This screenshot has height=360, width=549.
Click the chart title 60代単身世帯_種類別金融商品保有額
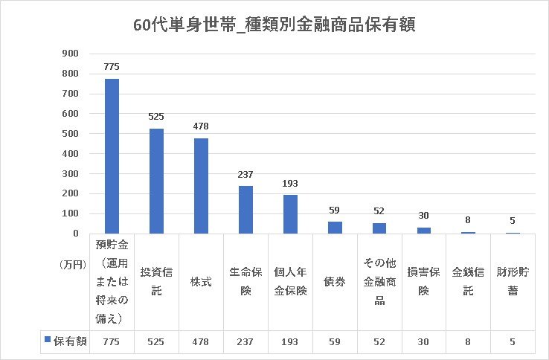[274, 25]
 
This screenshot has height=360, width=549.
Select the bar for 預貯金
[112, 156]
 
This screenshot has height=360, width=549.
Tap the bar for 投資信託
[156, 181]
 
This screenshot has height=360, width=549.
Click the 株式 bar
[201, 186]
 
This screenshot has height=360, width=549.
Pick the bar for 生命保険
[245, 210]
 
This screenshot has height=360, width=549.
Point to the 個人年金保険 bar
[290, 214]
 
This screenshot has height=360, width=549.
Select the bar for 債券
[335, 228]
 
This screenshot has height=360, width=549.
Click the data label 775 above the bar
[112, 67]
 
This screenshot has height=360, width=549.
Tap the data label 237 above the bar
[245, 175]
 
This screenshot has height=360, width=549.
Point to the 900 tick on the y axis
[70, 54]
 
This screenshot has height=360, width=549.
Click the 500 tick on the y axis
[70, 134]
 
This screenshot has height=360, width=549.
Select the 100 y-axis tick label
[70, 213]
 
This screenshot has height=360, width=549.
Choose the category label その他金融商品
[379, 281]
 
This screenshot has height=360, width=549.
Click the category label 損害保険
[424, 281]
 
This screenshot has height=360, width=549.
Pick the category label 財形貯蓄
[513, 281]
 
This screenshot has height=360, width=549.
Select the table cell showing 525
[156, 341]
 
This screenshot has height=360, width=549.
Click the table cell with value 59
[335, 341]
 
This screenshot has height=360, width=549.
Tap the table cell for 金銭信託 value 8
[468, 341]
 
